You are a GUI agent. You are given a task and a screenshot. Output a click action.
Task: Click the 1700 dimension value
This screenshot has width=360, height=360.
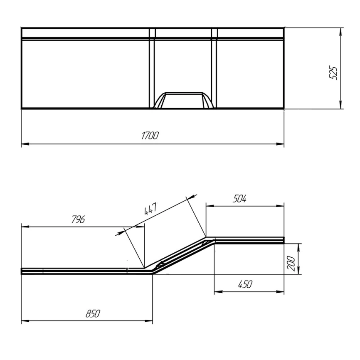150,136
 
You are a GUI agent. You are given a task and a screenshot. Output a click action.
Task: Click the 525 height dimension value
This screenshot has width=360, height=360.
333,73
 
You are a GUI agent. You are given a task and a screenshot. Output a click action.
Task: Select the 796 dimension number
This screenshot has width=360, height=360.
78,219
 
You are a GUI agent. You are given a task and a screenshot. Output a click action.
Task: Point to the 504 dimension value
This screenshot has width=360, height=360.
239,199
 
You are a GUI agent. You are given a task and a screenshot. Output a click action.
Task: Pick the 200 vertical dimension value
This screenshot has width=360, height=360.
291,263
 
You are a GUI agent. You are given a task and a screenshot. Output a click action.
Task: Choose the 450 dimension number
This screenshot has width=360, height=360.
245,284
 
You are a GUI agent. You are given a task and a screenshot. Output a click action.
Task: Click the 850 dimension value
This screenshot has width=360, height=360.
93,313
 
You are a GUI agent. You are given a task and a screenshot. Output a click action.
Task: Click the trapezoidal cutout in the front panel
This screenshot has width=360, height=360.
184,100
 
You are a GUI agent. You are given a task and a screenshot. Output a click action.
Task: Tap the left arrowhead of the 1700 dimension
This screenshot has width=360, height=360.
25,144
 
